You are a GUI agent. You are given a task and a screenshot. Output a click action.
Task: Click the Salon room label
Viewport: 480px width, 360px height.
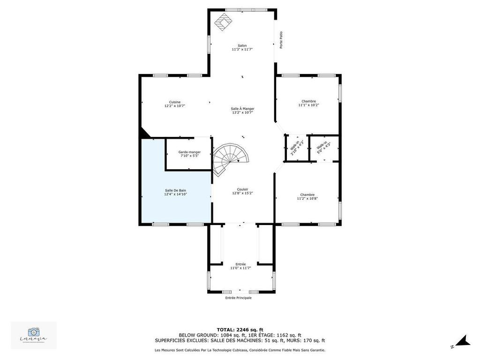242,46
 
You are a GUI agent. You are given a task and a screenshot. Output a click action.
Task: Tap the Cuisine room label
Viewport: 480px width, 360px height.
175,102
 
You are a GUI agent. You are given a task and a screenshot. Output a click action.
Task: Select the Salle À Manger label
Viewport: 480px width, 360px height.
242,109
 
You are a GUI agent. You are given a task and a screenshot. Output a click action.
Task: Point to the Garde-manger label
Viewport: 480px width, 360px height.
189,152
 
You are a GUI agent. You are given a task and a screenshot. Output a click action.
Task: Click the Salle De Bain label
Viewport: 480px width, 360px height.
175,190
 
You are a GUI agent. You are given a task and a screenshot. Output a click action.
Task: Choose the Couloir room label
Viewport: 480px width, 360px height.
242,189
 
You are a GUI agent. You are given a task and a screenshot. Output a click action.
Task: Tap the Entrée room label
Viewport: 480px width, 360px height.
240,264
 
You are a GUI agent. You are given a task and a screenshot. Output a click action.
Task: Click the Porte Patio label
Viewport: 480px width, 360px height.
281,40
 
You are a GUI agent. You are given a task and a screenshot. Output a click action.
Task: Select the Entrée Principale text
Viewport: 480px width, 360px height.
238,298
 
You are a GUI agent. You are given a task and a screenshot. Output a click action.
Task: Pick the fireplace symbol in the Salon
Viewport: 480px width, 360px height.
224,21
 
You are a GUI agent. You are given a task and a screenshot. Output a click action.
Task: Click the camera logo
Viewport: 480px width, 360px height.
34,333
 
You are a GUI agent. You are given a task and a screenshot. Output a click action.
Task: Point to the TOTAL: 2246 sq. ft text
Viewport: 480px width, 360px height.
240,330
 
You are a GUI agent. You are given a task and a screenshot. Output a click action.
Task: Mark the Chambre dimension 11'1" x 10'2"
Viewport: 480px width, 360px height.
308,105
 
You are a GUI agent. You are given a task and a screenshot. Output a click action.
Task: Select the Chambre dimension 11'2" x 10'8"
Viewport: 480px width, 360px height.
307,198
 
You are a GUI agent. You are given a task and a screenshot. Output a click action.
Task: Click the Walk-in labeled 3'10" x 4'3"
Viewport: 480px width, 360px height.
297,148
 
